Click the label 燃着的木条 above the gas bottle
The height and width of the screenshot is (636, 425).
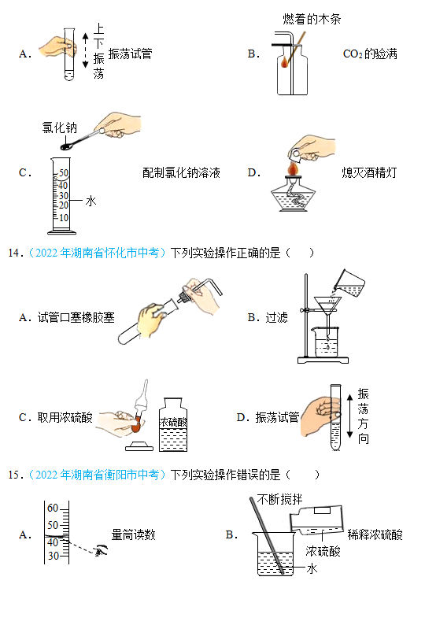click(x=312, y=19)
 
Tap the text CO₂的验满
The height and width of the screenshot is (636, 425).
click(x=370, y=54)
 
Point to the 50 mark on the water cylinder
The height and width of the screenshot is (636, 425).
click(x=64, y=173)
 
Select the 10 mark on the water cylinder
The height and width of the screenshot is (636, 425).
click(x=64, y=218)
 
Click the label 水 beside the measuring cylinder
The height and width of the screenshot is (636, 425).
click(x=91, y=201)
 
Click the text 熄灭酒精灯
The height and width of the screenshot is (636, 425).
click(x=369, y=173)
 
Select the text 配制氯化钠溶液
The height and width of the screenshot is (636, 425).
click(x=181, y=173)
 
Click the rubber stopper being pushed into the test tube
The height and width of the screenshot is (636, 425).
click(x=184, y=296)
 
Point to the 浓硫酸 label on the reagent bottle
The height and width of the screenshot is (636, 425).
click(x=174, y=423)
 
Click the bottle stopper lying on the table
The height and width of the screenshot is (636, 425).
click(x=139, y=445)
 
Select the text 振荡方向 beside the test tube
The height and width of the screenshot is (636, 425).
click(x=364, y=416)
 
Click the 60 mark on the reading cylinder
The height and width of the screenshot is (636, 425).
click(x=53, y=508)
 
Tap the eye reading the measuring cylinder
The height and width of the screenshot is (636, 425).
click(x=101, y=550)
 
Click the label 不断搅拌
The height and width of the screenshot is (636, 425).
click(x=280, y=499)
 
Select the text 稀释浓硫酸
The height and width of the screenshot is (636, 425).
click(x=375, y=534)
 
